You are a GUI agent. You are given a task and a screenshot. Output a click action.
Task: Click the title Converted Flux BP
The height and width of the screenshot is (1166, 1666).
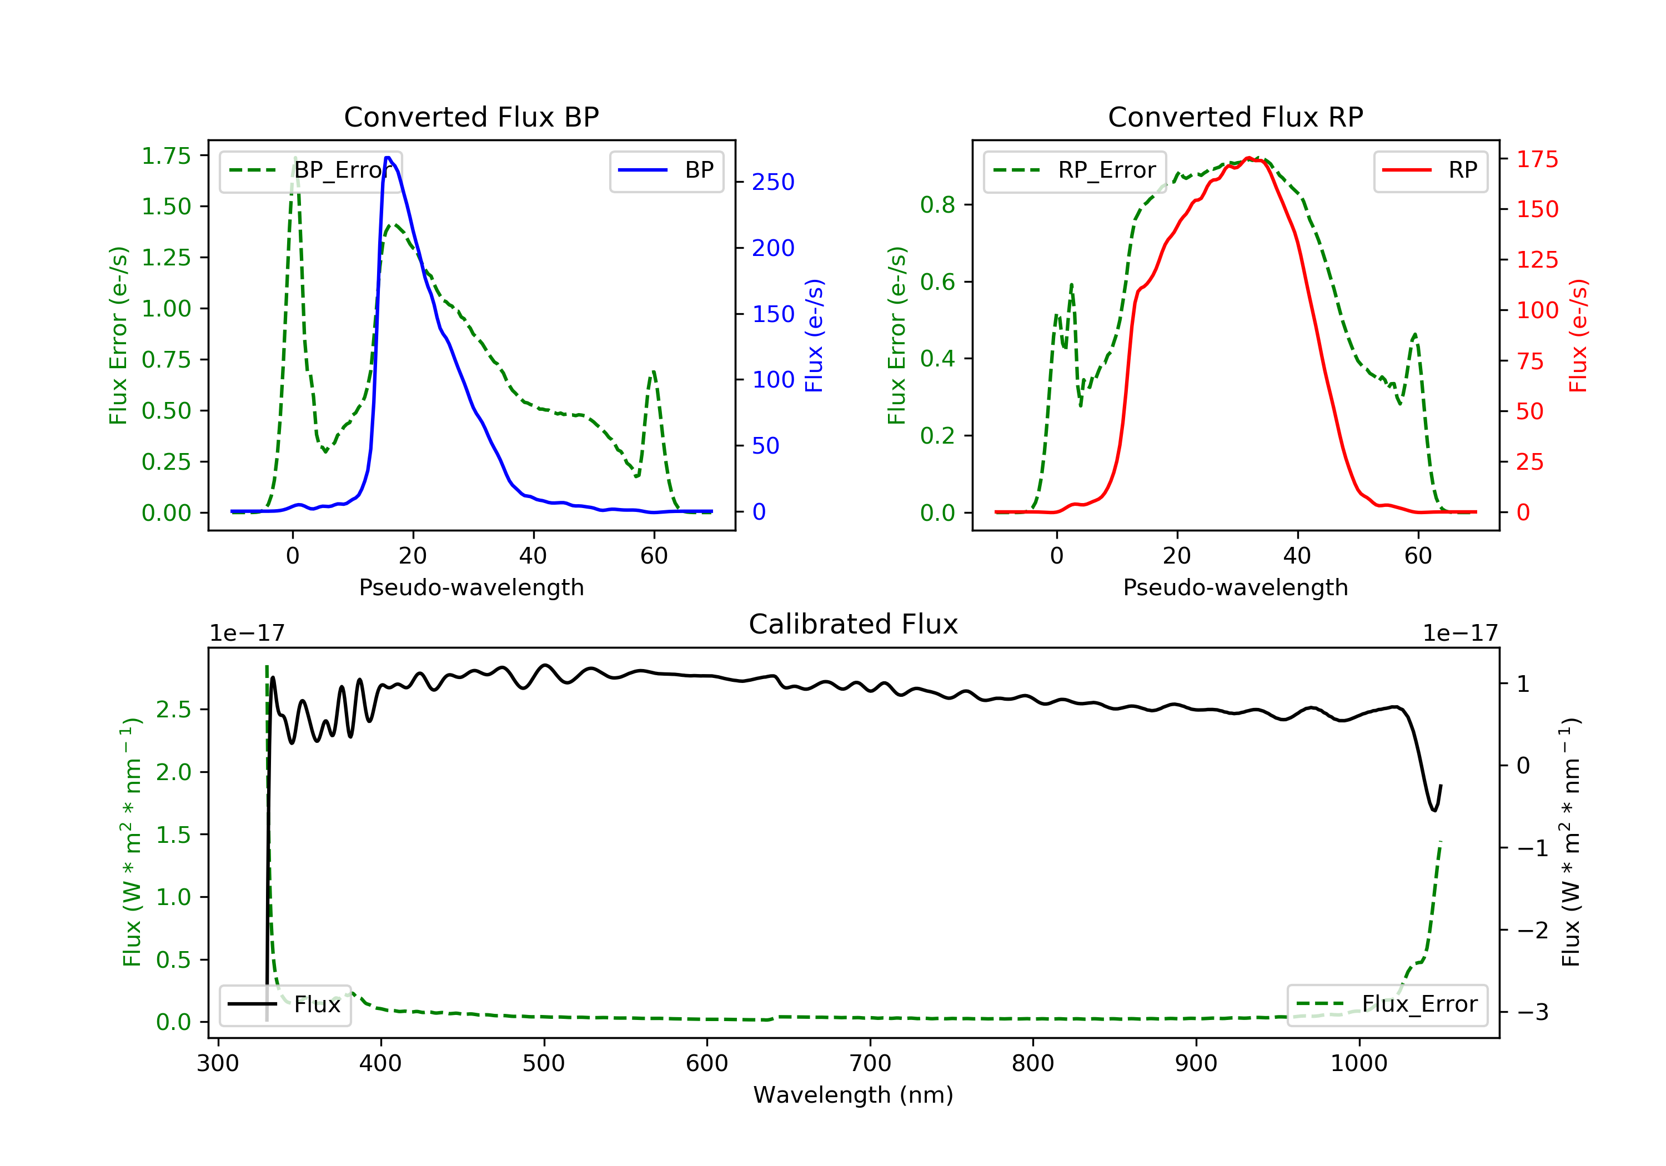point(471,117)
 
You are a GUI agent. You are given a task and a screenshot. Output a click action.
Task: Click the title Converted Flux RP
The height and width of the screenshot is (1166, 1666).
point(1235,117)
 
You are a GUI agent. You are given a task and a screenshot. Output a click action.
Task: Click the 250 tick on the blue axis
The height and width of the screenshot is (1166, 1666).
point(773,182)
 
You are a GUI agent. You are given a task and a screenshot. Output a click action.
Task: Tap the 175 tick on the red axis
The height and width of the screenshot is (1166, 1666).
point(1537,159)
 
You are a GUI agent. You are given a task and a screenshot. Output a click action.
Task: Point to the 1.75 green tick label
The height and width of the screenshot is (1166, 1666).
point(165,155)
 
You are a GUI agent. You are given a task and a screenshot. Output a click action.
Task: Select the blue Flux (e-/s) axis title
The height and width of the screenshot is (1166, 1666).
point(814,335)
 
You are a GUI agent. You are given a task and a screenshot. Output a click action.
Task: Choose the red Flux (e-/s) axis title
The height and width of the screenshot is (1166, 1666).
point(1578,335)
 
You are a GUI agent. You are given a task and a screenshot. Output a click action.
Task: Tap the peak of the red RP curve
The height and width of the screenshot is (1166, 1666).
point(1248,158)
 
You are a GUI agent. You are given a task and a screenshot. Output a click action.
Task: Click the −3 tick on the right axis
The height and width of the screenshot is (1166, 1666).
point(1532,1012)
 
